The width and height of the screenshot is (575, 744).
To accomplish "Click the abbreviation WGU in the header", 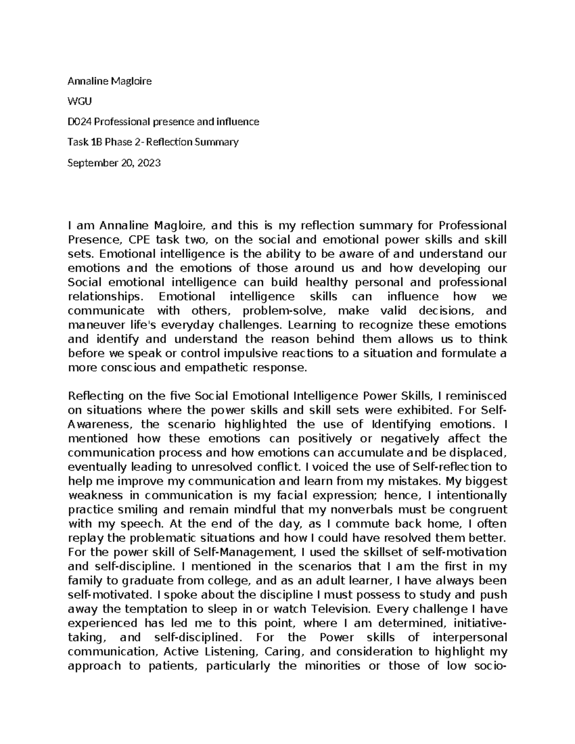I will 79,102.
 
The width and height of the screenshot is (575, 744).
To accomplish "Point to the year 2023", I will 149,163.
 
